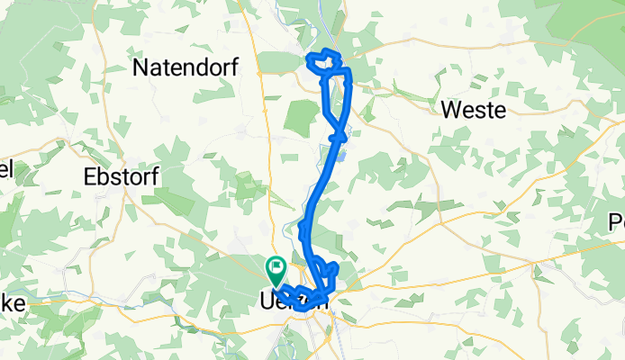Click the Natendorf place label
click(x=184, y=67)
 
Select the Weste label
click(x=474, y=110)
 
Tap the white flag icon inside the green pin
click(x=276, y=267)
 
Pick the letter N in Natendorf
click(x=141, y=67)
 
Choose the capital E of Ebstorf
click(x=90, y=176)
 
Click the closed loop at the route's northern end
click(x=326, y=64)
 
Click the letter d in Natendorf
click(x=196, y=67)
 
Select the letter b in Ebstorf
click(x=104, y=176)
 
